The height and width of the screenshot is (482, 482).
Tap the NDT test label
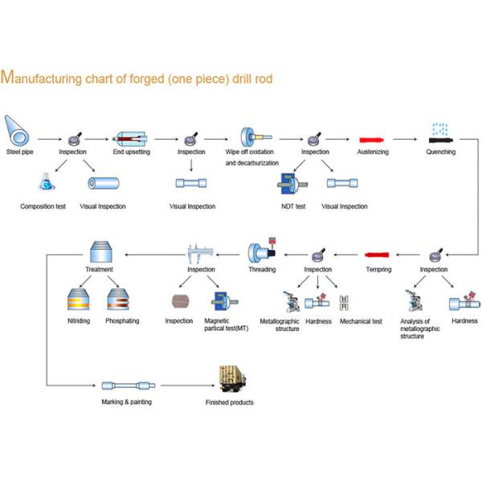tap(292, 206)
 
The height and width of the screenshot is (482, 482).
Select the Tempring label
tap(378, 269)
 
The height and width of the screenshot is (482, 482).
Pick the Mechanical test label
tap(361, 321)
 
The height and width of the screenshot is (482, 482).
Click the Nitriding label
tap(78, 321)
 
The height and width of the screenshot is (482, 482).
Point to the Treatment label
tap(99, 269)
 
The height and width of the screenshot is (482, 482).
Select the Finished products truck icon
tap(232, 378)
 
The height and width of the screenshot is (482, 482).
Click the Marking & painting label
tap(126, 401)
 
